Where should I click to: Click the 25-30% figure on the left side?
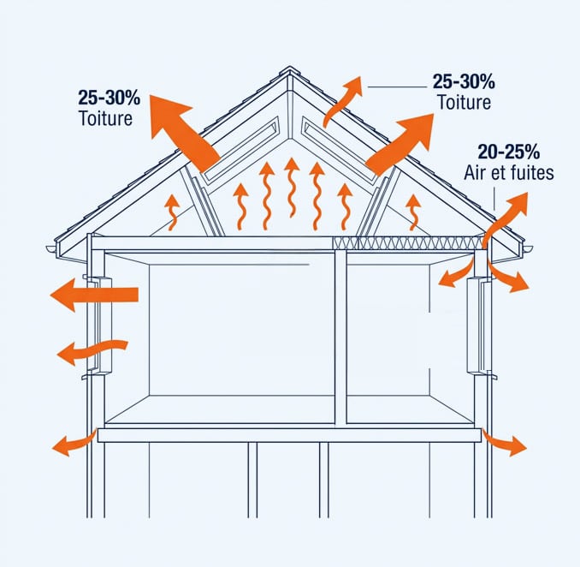point(109,98)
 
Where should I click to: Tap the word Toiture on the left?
point(106,118)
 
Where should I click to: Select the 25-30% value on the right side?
point(464,81)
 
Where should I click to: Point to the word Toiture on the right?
point(465,102)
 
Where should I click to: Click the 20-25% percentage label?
point(509,152)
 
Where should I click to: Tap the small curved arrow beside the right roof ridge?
point(343,101)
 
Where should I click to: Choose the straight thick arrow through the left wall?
point(94,295)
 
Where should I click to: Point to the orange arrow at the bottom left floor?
point(74,443)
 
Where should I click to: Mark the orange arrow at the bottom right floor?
point(504,443)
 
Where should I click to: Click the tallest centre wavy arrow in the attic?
point(292,187)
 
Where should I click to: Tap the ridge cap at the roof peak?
point(290,71)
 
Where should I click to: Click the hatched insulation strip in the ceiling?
point(408,243)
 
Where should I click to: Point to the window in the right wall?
point(479,326)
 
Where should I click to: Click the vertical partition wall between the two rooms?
point(340,337)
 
